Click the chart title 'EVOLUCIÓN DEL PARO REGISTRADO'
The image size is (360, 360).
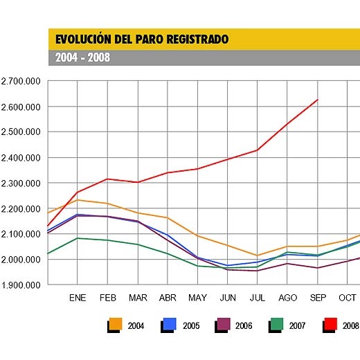coord(141,39)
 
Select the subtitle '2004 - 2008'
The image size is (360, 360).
coord(82,58)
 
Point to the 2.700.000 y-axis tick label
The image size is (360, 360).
coord(21,81)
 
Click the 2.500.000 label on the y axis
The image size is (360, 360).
coord(21,132)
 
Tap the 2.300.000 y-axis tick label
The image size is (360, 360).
coord(21,183)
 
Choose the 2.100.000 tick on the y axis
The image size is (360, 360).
coord(21,234)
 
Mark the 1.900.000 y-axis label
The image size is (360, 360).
coord(21,285)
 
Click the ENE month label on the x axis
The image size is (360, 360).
coord(78,298)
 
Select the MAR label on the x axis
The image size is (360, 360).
coord(138,298)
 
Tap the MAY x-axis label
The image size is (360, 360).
coord(197,298)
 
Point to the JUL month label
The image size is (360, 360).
coord(258,298)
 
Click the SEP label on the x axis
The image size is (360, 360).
coord(317,298)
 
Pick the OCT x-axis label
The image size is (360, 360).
coord(348,298)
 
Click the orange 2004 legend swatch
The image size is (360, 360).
coord(116,324)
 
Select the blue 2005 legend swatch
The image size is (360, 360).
coord(169,324)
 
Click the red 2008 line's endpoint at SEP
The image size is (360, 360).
coord(317,100)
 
